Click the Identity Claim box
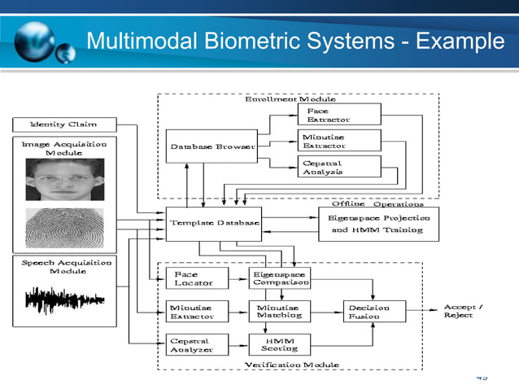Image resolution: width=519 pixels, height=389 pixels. click(63, 125)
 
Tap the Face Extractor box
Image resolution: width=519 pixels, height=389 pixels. click(339, 115)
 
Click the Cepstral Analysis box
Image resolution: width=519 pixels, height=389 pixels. click(339, 167)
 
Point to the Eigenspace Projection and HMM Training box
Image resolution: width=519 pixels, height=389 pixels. click(377, 224)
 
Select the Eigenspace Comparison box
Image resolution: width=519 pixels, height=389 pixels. click(279, 278)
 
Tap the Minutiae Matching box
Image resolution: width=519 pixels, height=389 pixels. click(279, 311)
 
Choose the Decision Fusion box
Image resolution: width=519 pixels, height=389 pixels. click(371, 311)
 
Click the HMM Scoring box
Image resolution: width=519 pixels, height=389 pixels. click(279, 343)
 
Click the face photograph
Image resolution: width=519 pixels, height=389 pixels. click(64, 179)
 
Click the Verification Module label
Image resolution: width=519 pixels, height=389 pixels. click(292, 365)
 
